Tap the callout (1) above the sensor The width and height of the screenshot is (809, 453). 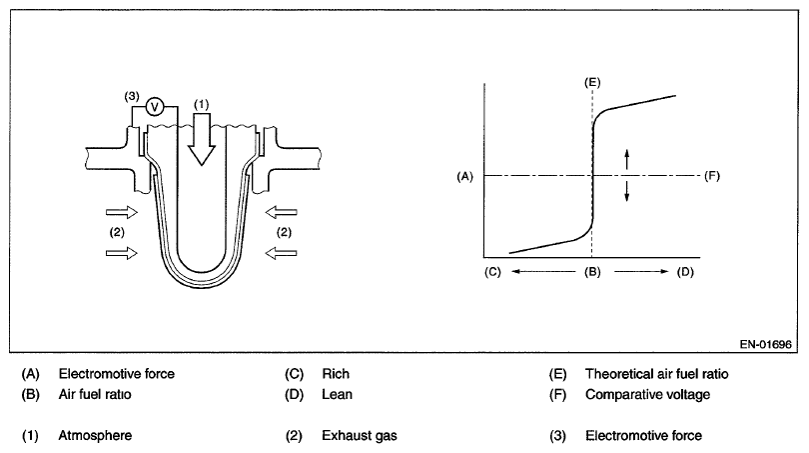pyautogui.click(x=202, y=103)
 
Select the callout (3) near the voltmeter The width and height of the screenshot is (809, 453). pyautogui.click(x=131, y=96)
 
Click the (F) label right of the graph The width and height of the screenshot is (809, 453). pyautogui.click(x=711, y=176)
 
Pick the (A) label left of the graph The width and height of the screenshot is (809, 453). pyautogui.click(x=462, y=176)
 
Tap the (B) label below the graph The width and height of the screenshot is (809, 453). pyautogui.click(x=591, y=271)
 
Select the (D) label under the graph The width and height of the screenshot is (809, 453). pyautogui.click(x=684, y=271)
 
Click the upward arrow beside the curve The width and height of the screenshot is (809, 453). pyautogui.click(x=627, y=158)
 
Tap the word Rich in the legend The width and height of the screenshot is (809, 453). pyautogui.click(x=336, y=374)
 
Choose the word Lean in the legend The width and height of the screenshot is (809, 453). pyautogui.click(x=338, y=394)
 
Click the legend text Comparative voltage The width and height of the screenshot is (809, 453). pyautogui.click(x=647, y=394)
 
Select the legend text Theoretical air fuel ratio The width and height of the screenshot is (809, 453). pyautogui.click(x=656, y=374)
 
